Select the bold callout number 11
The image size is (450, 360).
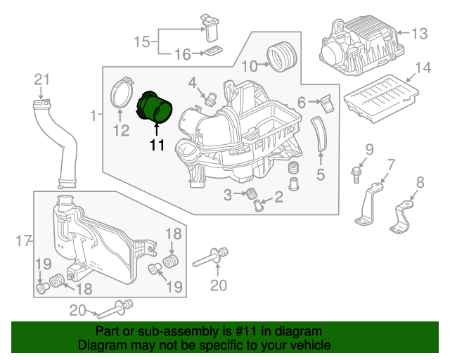[157, 145]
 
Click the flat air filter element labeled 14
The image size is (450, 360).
[381, 98]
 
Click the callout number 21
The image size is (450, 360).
[42, 79]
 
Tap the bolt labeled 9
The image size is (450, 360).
[356, 174]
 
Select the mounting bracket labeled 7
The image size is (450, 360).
[368, 204]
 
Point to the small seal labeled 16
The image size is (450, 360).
[213, 51]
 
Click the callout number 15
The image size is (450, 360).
[142, 41]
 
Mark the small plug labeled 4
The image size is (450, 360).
[211, 99]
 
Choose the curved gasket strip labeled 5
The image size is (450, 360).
[319, 134]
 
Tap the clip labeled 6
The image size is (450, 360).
[326, 103]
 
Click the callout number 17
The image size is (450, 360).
[23, 240]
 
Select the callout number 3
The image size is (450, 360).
[227, 195]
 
